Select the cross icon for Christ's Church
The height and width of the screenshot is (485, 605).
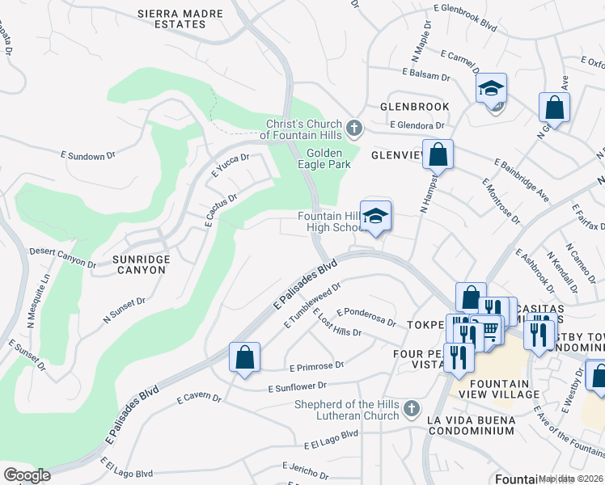[x=353, y=129]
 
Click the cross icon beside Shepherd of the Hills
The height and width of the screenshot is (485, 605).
[x=412, y=410]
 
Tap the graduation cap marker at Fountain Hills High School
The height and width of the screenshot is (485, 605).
[x=375, y=216]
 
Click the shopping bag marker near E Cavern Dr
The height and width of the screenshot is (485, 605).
[x=244, y=357]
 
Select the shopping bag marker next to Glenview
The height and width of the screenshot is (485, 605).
[x=438, y=154]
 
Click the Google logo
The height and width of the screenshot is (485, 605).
[x=27, y=474]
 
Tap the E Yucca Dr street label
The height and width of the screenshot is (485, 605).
[x=230, y=164]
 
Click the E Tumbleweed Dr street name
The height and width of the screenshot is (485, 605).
[x=312, y=304]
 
